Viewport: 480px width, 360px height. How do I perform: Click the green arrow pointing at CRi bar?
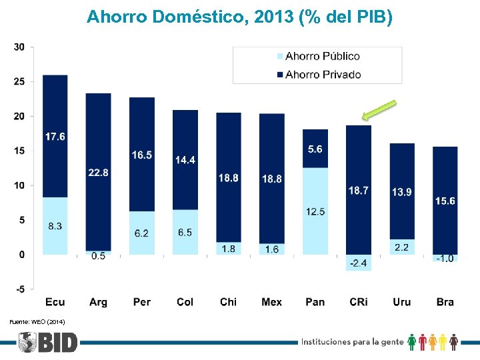pyautogui.click(x=379, y=111)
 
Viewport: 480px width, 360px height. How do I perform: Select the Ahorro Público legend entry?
pyautogui.click(x=322, y=57)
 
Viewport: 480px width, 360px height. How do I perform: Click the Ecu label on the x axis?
pyautogui.click(x=55, y=302)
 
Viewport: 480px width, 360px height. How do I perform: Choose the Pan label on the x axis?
pyautogui.click(x=315, y=302)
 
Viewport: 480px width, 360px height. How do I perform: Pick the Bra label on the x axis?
pyautogui.click(x=445, y=302)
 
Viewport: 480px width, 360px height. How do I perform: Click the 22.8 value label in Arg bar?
pyautogui.click(x=98, y=173)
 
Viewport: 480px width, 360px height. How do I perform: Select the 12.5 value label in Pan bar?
pyautogui.click(x=315, y=212)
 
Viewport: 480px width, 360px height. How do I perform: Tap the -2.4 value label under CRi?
pyautogui.click(x=358, y=263)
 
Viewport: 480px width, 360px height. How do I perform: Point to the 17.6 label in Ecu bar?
pyautogui.click(x=55, y=137)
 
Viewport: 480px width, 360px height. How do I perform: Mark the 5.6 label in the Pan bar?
pyautogui.click(x=315, y=149)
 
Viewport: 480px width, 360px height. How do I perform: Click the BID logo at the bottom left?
pyautogui.click(x=48, y=343)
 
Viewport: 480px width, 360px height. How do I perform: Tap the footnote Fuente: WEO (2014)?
pyautogui.click(x=37, y=322)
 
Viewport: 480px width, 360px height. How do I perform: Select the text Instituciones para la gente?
pyautogui.click(x=353, y=342)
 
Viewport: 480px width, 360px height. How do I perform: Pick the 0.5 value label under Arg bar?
pyautogui.click(x=98, y=256)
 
